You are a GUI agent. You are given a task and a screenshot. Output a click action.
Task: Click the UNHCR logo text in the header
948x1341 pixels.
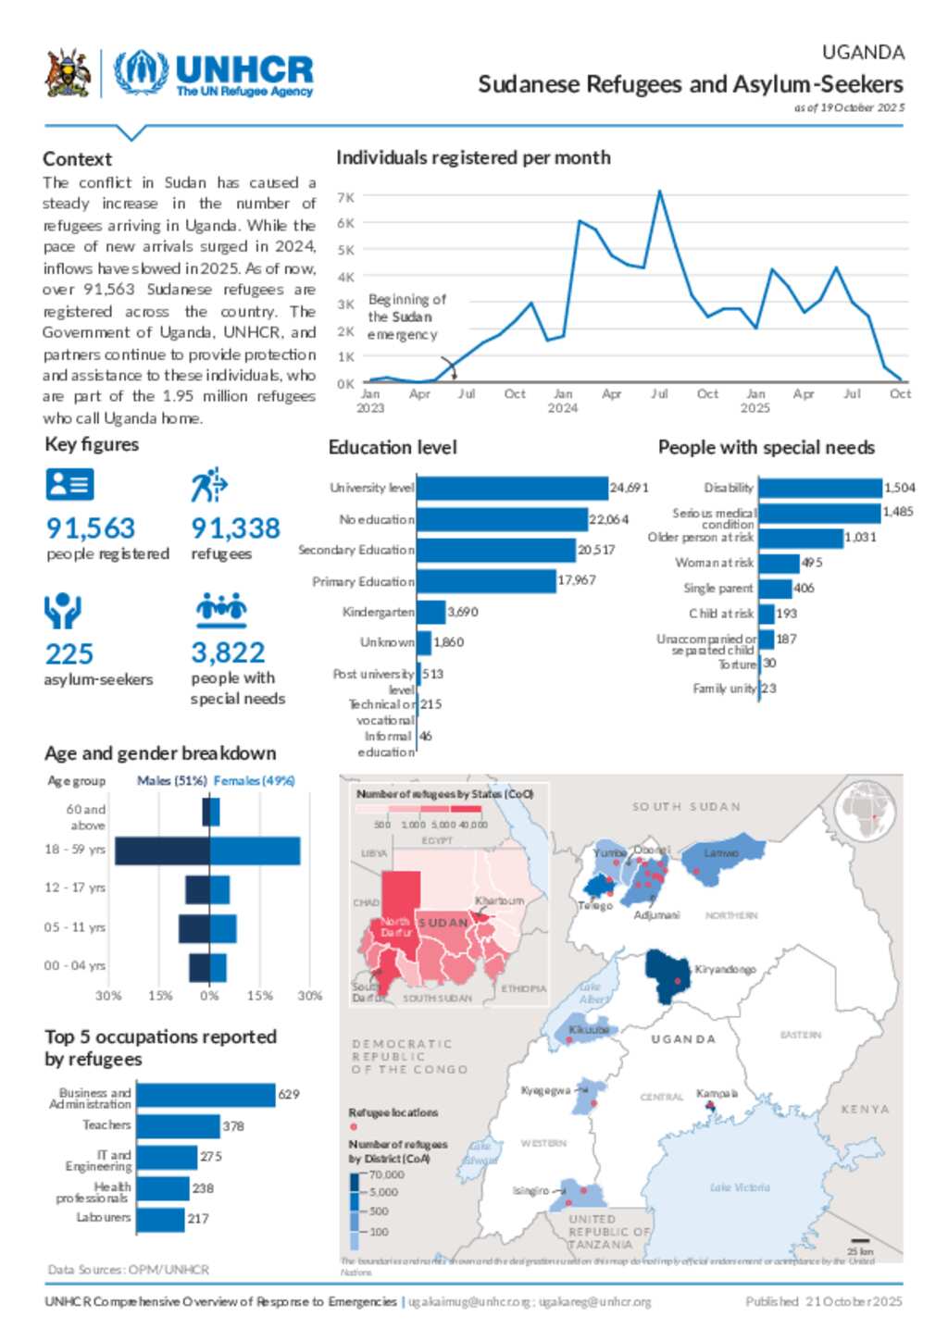pyautogui.click(x=243, y=70)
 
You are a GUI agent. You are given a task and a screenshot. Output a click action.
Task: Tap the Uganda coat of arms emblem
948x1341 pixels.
pyautogui.click(x=68, y=74)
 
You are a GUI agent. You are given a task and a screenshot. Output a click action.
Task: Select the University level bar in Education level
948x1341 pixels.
pyautogui.click(x=512, y=488)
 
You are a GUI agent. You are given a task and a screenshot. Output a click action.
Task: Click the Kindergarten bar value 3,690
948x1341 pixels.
pyautogui.click(x=463, y=612)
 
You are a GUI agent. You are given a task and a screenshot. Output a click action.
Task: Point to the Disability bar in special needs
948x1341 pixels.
pyautogui.click(x=820, y=488)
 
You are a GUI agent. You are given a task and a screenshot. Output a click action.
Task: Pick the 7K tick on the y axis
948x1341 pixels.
pyautogui.click(x=345, y=197)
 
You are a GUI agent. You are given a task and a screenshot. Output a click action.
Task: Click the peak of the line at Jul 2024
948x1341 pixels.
pyautogui.click(x=659, y=192)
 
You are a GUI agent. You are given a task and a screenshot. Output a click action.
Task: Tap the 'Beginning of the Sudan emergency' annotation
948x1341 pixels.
pyautogui.click(x=405, y=317)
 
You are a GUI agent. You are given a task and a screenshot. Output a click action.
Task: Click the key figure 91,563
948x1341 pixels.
pyautogui.click(x=91, y=528)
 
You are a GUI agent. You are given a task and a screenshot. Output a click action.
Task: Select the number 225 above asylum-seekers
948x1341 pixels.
pyautogui.click(x=69, y=654)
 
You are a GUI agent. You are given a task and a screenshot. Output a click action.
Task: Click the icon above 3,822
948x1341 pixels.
pyautogui.click(x=221, y=608)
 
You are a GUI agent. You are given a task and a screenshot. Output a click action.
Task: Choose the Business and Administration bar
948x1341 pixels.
pyautogui.click(x=206, y=1096)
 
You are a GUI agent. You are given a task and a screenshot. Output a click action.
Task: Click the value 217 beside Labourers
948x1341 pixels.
pyautogui.click(x=198, y=1219)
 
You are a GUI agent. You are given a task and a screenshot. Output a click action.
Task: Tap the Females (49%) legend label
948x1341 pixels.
pyautogui.click(x=254, y=781)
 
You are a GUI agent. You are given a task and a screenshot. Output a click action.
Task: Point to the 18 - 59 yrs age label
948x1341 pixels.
pyautogui.click(x=75, y=850)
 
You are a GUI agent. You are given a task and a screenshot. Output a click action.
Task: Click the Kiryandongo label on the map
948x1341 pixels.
pyautogui.click(x=725, y=969)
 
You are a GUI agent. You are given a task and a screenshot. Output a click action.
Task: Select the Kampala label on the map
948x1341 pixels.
pyautogui.click(x=717, y=1094)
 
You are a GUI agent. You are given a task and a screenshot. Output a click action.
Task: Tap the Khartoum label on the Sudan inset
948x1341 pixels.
pyautogui.click(x=499, y=901)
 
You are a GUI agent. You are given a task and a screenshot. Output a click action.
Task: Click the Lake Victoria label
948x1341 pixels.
pyautogui.click(x=740, y=1187)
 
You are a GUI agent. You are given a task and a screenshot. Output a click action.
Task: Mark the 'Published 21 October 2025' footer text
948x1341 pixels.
pyautogui.click(x=823, y=1301)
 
